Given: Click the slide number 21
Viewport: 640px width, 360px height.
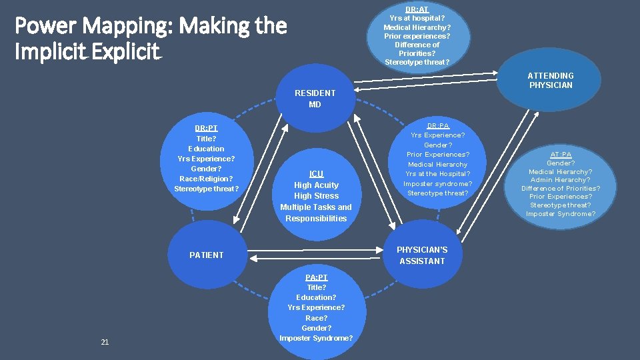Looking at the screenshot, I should click(x=105, y=342).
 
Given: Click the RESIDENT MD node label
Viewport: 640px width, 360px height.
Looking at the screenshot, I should click(x=315, y=99).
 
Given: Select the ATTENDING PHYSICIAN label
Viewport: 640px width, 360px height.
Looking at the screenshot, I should click(x=551, y=80).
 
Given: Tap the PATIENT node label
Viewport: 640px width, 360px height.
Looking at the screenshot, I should click(x=207, y=255).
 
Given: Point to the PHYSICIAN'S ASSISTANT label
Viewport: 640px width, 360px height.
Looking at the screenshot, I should click(x=422, y=255).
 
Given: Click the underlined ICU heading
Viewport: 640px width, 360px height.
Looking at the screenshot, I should click(x=316, y=174).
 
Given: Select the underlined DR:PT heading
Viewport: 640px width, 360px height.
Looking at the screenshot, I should click(x=206, y=128).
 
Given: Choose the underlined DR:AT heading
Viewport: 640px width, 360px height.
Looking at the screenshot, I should click(x=417, y=9).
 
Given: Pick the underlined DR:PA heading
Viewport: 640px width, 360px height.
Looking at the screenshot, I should click(x=438, y=125).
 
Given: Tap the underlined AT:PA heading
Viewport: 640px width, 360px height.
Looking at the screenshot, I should click(x=561, y=155).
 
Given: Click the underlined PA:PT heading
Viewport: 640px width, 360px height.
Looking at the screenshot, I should click(x=316, y=277).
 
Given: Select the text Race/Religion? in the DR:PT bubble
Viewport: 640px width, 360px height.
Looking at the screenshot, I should click(x=206, y=179).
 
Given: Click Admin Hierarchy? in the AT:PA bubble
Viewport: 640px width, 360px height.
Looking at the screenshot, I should click(x=561, y=180).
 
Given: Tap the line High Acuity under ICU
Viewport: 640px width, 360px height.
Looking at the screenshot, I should click(x=316, y=185).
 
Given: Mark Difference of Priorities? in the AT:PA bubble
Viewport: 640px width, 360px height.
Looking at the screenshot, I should click(x=561, y=188).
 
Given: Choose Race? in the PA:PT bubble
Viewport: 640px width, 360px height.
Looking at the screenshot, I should click(x=316, y=318).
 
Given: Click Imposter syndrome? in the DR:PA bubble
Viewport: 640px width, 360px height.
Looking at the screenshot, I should click(x=438, y=183).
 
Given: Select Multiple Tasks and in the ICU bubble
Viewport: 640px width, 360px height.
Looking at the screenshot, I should click(x=316, y=207).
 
